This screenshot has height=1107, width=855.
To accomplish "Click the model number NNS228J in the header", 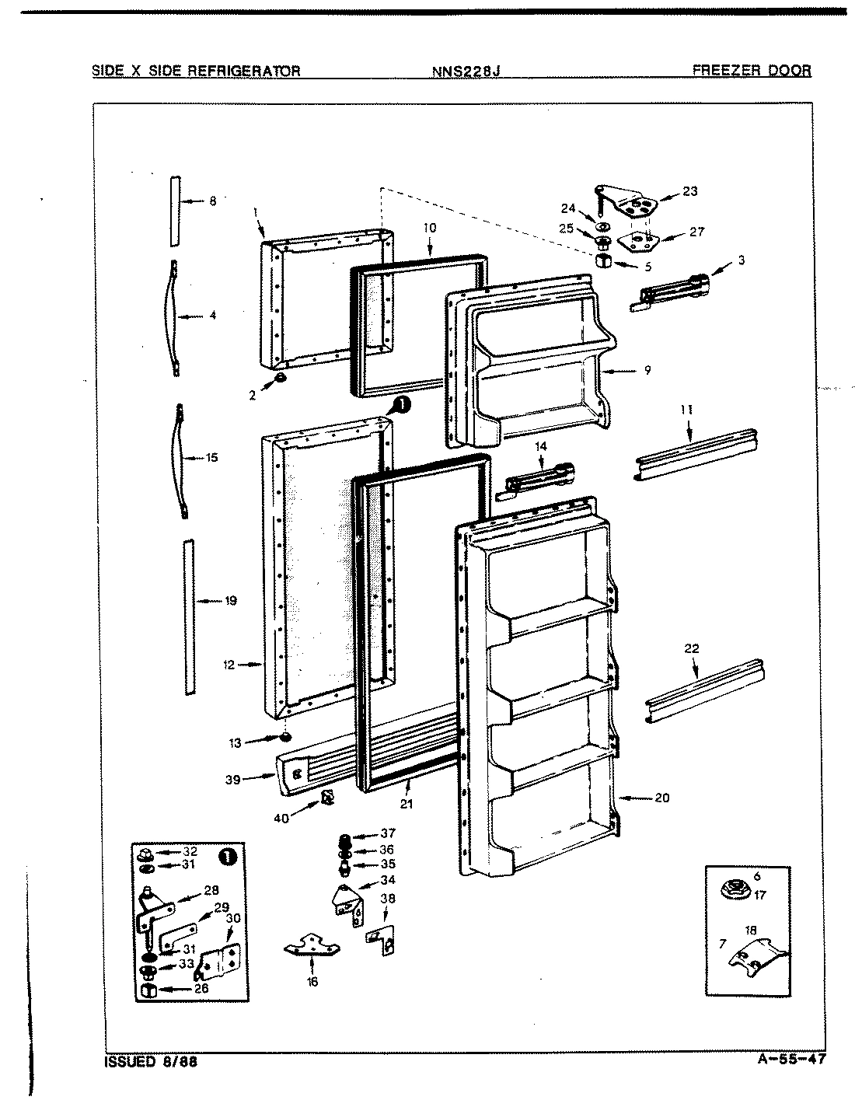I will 466,72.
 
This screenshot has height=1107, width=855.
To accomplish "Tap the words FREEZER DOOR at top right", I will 751,71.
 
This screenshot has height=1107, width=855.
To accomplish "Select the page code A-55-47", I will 788,1059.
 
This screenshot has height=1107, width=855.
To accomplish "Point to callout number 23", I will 689,191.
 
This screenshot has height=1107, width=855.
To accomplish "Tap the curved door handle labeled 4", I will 173,317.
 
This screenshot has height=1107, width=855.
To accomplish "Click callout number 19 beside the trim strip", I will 230,600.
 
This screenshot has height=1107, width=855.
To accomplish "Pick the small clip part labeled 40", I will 327,798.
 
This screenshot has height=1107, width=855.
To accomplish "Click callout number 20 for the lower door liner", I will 661,798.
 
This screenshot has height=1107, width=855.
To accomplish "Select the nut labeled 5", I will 603,262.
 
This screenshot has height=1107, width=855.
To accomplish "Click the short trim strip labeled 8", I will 175,208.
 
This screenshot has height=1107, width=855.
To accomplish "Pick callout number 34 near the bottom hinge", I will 387,880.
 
